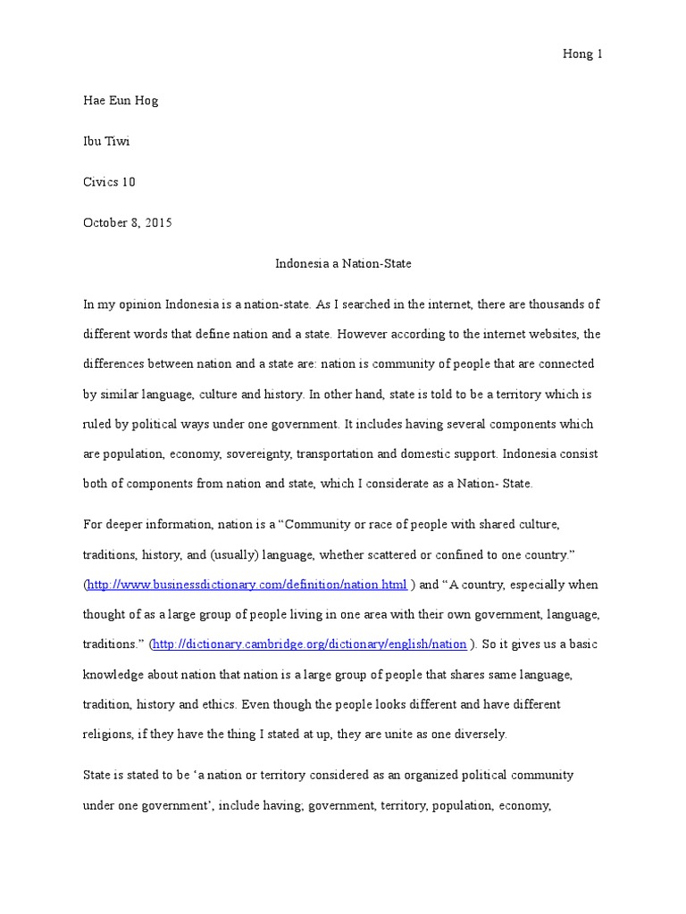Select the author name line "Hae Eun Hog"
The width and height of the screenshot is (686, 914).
[x=120, y=100]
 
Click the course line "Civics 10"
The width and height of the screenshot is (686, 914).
[x=109, y=182]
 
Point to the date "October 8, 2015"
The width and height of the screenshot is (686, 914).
[x=127, y=223]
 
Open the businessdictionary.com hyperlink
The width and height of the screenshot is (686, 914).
[x=247, y=585]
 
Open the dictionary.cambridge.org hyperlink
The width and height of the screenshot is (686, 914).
[x=310, y=644]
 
